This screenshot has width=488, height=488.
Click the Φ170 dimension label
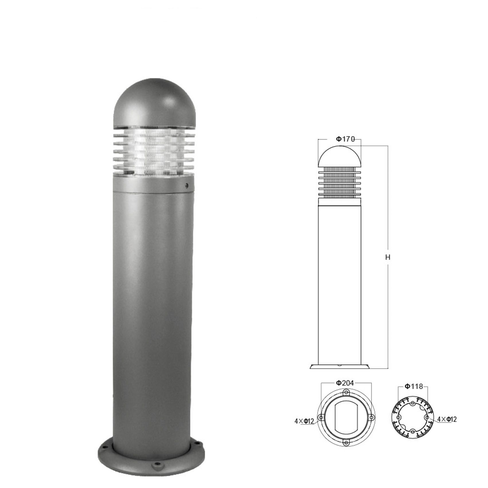(x=345, y=139)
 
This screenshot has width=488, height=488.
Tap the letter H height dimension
(x=388, y=257)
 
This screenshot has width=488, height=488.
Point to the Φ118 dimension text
(x=414, y=386)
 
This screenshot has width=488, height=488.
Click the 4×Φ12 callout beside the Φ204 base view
(x=304, y=421)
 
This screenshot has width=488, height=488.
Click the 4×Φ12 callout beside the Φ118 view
(x=447, y=419)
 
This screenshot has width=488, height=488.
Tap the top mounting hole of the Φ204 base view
(x=346, y=392)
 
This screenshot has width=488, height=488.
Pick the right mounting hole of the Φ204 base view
(x=372, y=418)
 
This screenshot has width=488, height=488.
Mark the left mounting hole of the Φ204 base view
(x=321, y=418)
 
